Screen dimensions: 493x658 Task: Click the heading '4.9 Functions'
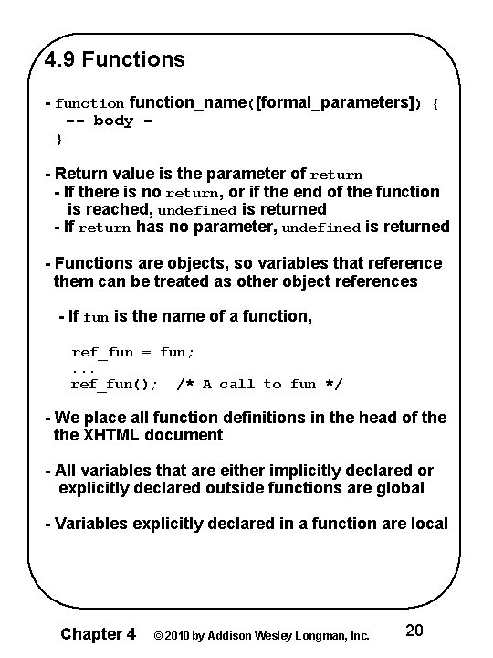115,60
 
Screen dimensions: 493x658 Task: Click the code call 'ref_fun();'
113,385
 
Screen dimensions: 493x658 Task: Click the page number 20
414,631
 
